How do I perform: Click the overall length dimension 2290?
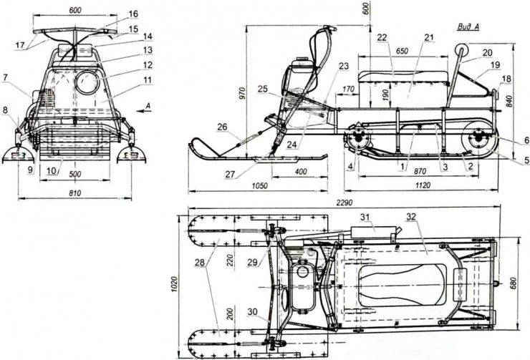(344, 203)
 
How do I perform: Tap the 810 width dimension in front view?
(75, 193)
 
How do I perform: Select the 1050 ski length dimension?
(260, 186)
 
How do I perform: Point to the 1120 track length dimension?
(423, 185)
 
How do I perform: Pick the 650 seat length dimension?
(402, 52)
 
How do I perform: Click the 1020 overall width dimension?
(174, 284)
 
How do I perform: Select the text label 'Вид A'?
(468, 27)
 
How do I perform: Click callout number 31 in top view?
(365, 217)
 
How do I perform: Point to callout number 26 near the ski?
(223, 127)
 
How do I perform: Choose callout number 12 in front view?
(148, 64)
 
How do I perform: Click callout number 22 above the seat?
(382, 37)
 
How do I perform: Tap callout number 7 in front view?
(5, 78)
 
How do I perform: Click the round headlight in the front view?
(87, 82)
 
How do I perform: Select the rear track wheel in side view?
(479, 140)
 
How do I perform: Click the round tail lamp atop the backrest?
(462, 50)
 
